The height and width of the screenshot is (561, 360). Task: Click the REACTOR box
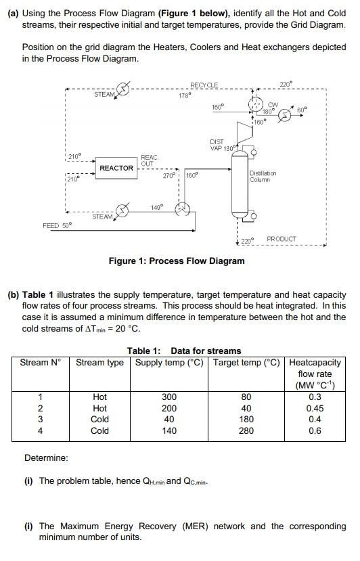tap(116, 168)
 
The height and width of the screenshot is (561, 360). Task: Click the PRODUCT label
tap(282, 239)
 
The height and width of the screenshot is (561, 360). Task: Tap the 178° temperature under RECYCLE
tap(184, 96)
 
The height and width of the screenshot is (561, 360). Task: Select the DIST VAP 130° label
tap(222, 145)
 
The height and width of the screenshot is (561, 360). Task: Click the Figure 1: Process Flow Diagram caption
tap(177, 261)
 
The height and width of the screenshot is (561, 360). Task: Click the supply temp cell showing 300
tap(169, 397)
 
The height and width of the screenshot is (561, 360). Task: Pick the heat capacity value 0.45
tap(315, 408)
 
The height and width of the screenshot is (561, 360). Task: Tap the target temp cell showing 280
tap(246, 430)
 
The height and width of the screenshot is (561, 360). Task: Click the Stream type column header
tap(99, 362)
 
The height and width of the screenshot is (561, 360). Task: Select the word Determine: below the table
tap(46, 458)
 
